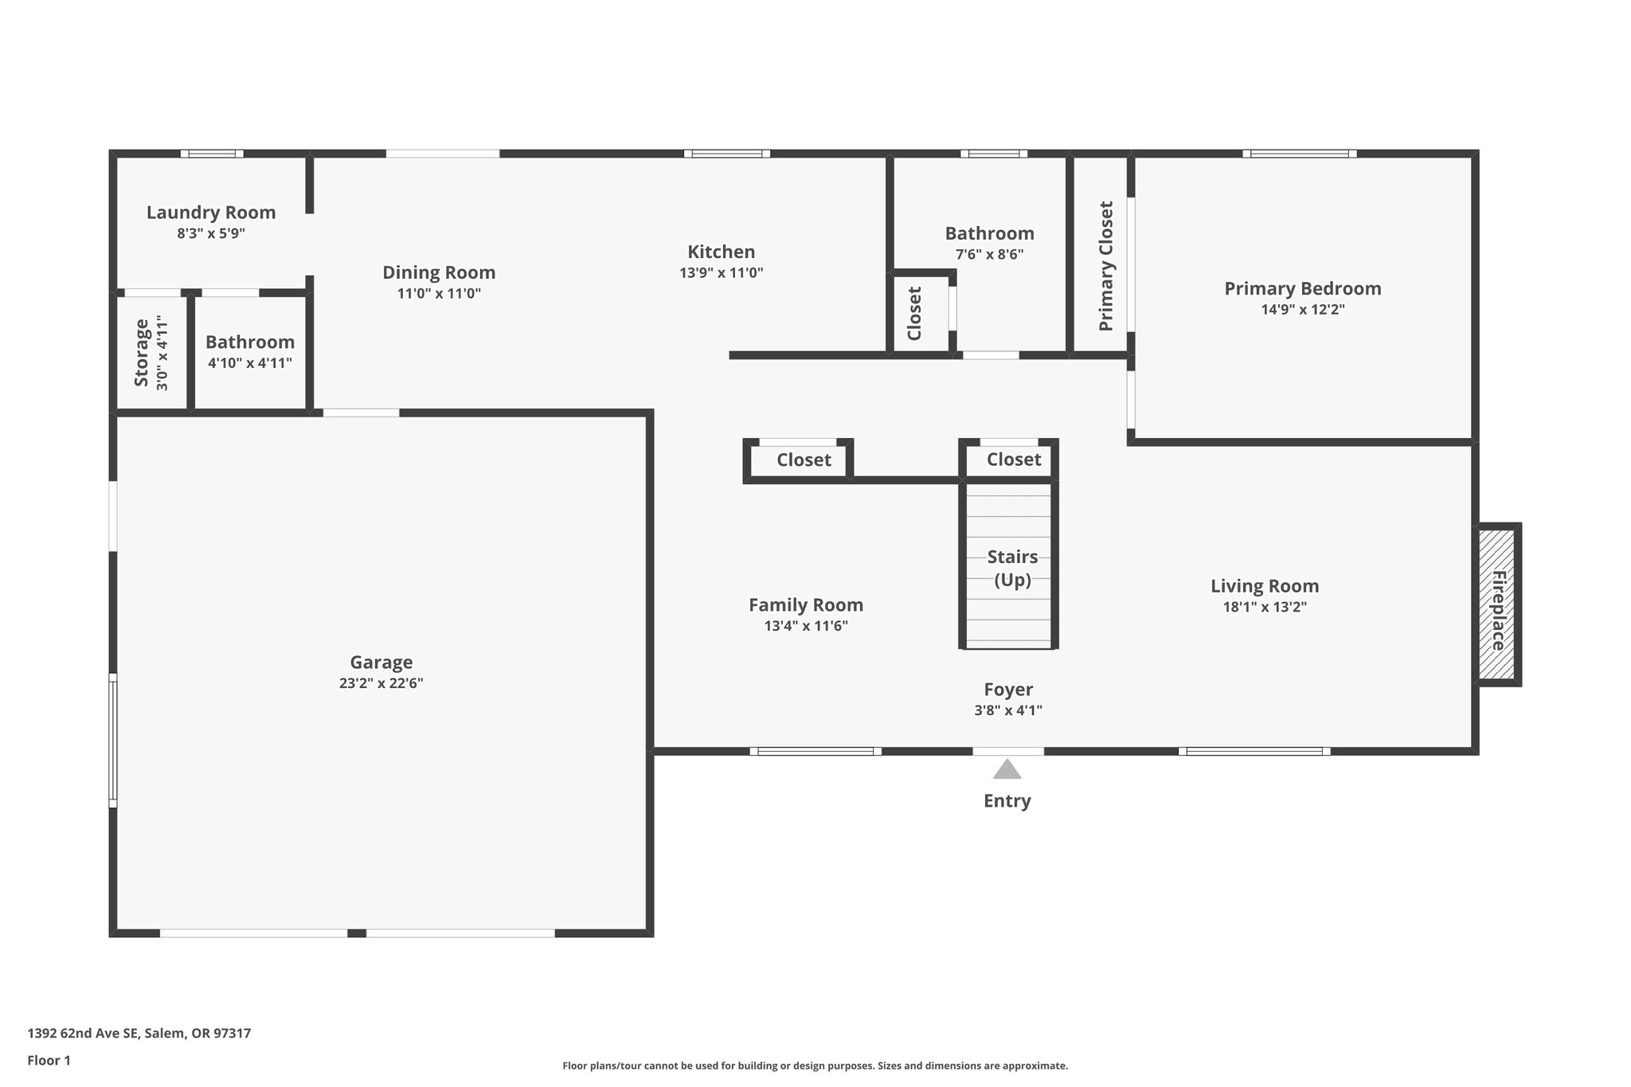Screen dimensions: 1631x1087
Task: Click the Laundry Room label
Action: [x=211, y=213]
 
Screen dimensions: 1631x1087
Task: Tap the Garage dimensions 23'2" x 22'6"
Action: [x=381, y=683]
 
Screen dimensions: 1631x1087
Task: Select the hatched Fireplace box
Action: [x=1497, y=604]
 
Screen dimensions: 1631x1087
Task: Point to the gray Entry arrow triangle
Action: [x=1007, y=768]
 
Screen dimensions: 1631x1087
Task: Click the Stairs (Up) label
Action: [x=1013, y=568]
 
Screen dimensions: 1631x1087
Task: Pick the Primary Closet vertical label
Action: [x=1105, y=266]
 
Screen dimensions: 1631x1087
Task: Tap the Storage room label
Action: [x=142, y=353]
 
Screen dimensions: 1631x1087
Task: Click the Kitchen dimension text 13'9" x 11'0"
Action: [x=722, y=272]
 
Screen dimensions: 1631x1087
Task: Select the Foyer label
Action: [x=1008, y=690]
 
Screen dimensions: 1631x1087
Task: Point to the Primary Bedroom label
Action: [x=1303, y=288]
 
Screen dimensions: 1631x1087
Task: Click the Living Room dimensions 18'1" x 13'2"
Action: [x=1265, y=607]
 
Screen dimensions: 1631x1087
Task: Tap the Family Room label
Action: [x=806, y=605]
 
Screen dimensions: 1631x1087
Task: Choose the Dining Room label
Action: [x=439, y=273]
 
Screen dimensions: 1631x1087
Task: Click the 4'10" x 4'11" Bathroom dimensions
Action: [x=250, y=363]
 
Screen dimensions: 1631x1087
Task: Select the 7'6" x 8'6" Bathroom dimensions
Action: [x=990, y=255]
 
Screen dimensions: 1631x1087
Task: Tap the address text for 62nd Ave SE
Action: [x=139, y=1034]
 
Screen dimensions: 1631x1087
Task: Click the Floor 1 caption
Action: [x=49, y=1061]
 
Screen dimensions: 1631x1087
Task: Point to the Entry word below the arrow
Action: [x=1007, y=801]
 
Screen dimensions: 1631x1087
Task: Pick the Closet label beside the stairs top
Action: [x=1014, y=459]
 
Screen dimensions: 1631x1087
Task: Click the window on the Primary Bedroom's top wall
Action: [x=1300, y=154]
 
